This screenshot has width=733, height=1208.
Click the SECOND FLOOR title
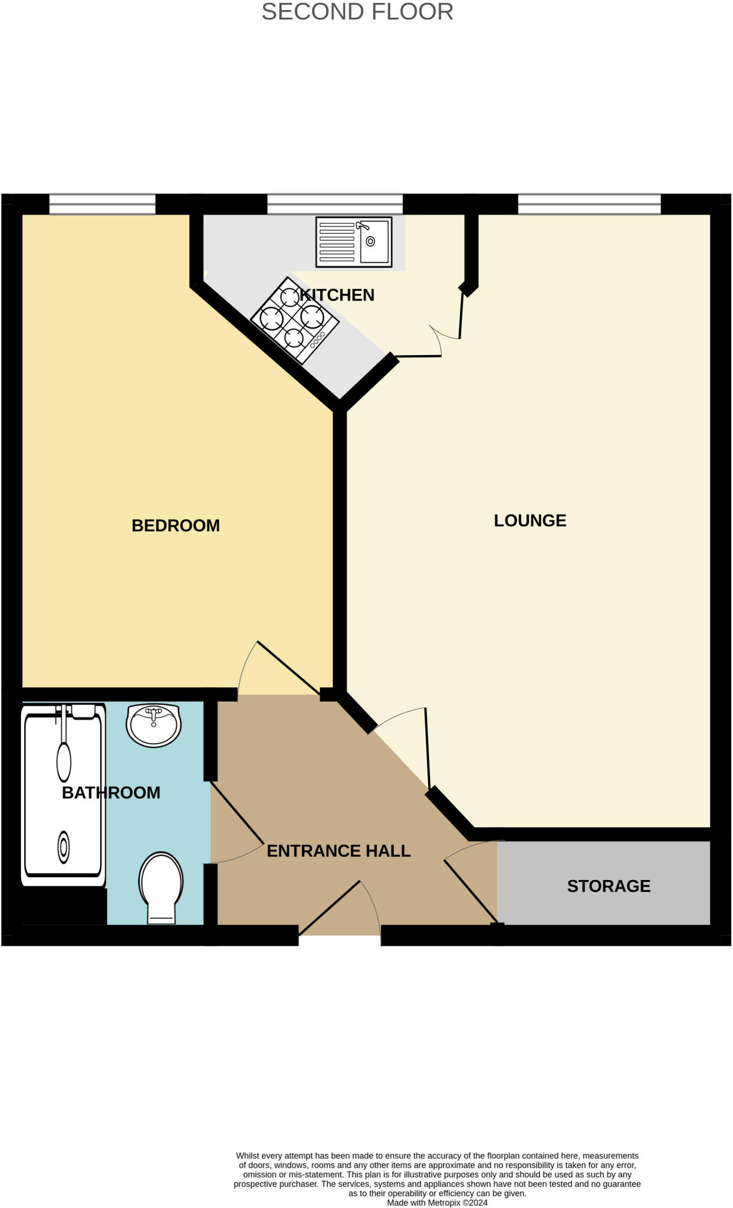357,12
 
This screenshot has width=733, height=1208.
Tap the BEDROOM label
176,526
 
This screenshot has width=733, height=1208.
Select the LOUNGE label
530,520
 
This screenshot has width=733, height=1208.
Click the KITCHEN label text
337,295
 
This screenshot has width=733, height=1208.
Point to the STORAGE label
609,886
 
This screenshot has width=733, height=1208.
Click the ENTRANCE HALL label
338,851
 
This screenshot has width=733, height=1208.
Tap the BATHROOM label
111,792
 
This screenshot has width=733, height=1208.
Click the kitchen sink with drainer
354,242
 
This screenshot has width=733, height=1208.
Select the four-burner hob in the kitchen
295,320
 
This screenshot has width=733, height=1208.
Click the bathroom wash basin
153,725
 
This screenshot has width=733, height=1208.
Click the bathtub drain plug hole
63,848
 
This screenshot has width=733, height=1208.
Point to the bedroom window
102,204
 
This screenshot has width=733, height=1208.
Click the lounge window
589,204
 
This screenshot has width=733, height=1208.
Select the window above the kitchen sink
335,204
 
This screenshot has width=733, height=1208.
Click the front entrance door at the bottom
339,908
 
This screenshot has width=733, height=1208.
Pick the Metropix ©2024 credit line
437,1203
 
